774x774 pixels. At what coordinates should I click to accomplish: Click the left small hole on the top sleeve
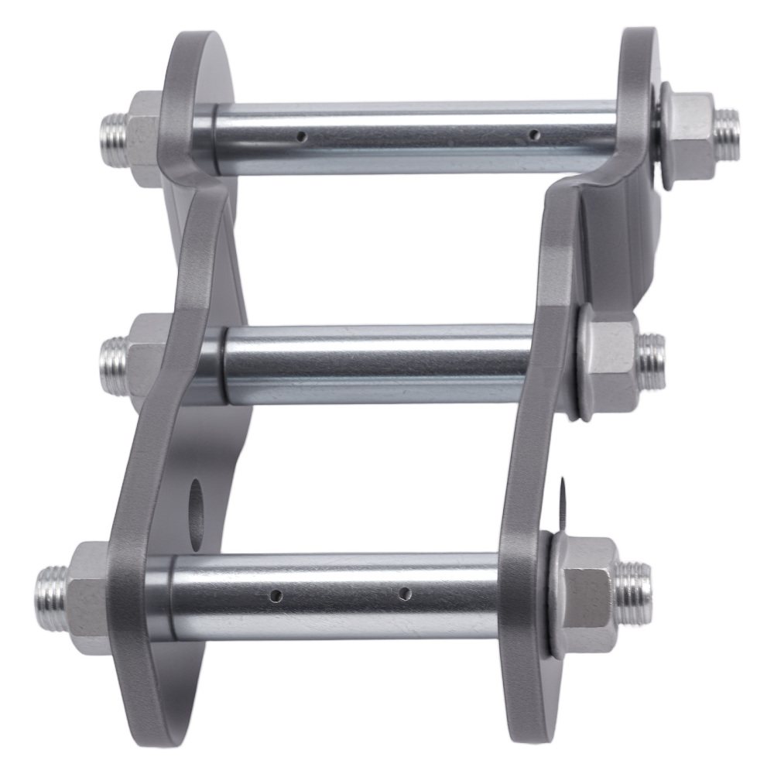[303, 137]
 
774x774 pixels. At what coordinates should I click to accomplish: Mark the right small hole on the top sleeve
[532, 135]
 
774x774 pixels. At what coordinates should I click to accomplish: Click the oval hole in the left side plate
[195, 501]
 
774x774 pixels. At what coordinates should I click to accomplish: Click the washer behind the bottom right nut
[553, 592]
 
